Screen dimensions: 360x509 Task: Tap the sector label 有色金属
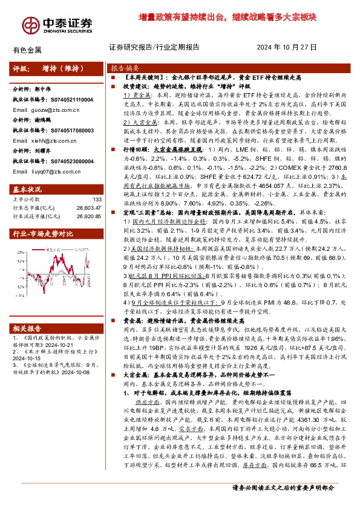point(27,50)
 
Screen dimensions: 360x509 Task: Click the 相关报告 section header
point(28,328)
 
